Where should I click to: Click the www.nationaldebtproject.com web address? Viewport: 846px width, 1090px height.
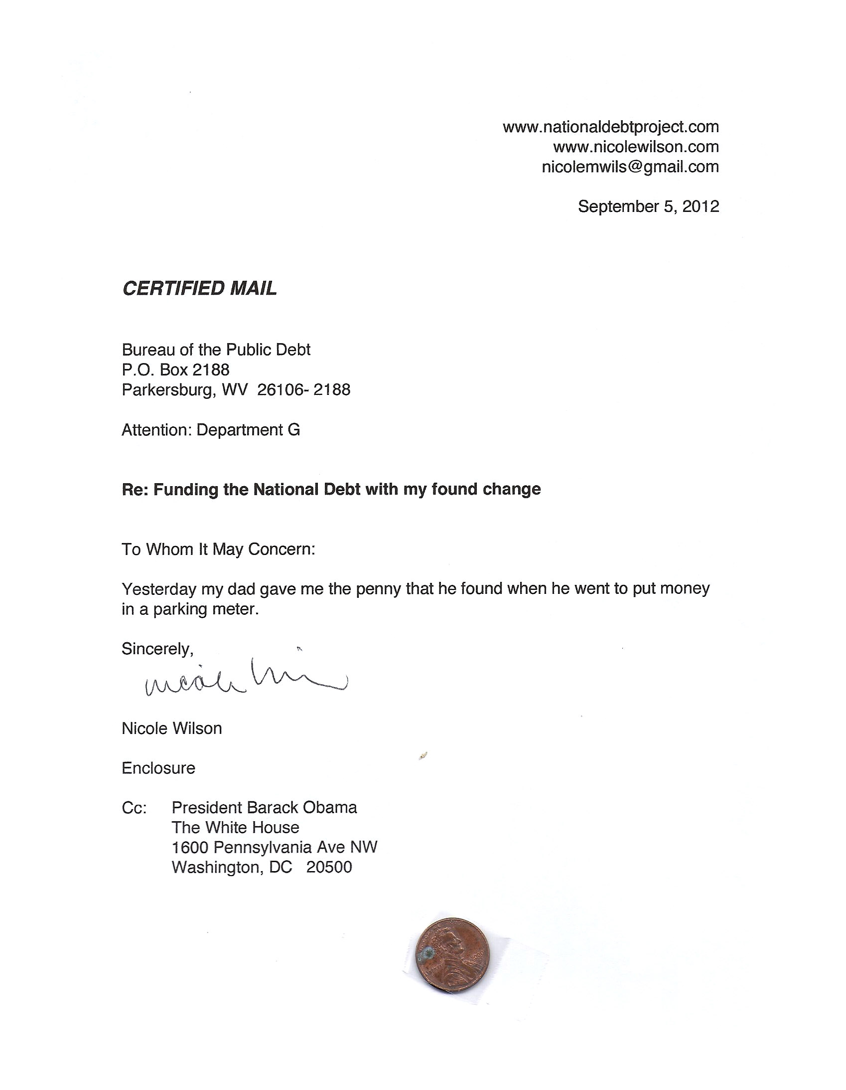tap(610, 127)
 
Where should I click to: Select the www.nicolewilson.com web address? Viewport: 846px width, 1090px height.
tap(636, 147)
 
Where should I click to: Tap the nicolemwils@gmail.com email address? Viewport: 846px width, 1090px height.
tap(630, 167)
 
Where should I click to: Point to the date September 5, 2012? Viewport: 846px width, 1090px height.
tap(648, 206)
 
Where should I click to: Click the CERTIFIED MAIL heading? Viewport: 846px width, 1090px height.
tap(199, 289)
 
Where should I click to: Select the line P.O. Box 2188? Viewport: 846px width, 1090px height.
tap(175, 370)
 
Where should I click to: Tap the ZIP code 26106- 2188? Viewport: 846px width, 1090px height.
tap(304, 390)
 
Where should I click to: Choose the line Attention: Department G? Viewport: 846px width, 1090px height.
tap(210, 430)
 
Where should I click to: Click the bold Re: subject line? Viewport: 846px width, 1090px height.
tap(331, 490)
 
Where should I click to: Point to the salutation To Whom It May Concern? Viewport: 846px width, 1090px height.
tap(219, 549)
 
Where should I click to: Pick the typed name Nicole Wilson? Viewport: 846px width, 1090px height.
tap(171, 728)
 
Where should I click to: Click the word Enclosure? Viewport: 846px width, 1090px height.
tap(158, 768)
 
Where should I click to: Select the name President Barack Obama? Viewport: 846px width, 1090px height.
tap(264, 808)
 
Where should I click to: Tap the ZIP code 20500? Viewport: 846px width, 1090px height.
tap(329, 868)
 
